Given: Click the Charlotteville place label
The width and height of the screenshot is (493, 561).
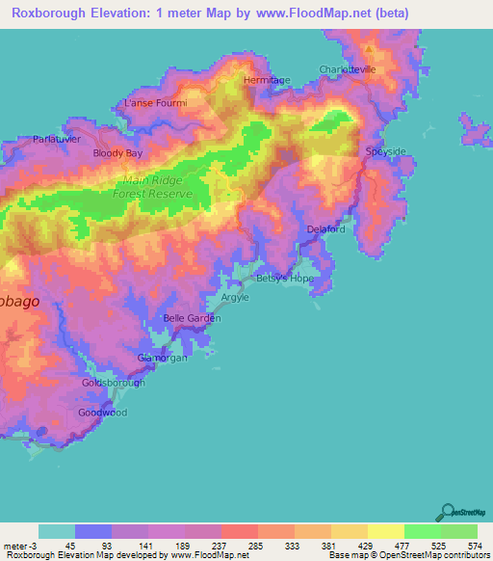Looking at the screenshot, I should pos(348,69).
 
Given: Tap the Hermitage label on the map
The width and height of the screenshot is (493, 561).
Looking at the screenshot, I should pos(267,80).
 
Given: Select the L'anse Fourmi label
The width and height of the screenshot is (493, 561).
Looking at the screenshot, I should pos(155,102).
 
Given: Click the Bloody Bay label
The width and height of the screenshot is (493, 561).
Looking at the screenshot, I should pos(117,153).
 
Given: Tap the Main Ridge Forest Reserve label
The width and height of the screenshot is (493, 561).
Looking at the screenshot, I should pos(159,187).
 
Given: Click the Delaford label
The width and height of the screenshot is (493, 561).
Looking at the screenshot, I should pos(325,228).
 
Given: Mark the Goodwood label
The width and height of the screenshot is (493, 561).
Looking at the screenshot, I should pos(102,413).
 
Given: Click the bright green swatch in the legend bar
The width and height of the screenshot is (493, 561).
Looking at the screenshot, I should pos(422,531).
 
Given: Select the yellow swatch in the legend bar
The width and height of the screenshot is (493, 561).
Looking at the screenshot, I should pos(385,531).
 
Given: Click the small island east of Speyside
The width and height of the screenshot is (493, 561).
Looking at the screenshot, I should pos(474,130).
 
